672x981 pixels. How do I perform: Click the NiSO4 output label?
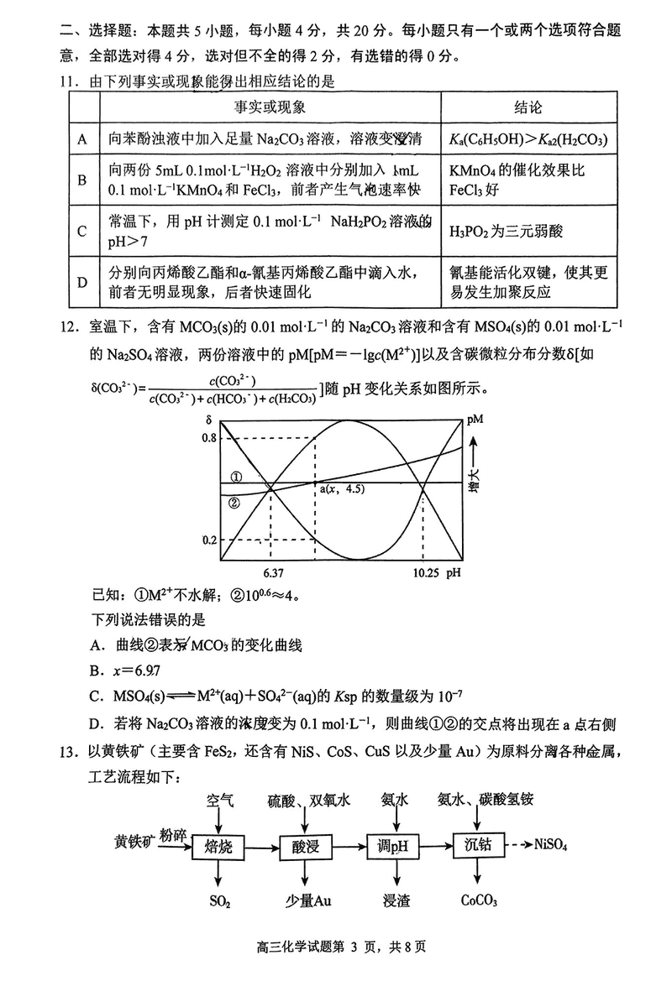click(551, 845)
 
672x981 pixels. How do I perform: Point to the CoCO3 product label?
click(480, 900)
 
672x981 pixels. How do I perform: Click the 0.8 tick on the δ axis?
click(209, 438)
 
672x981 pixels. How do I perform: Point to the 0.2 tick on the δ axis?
click(209, 540)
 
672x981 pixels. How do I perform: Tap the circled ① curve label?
click(236, 477)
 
